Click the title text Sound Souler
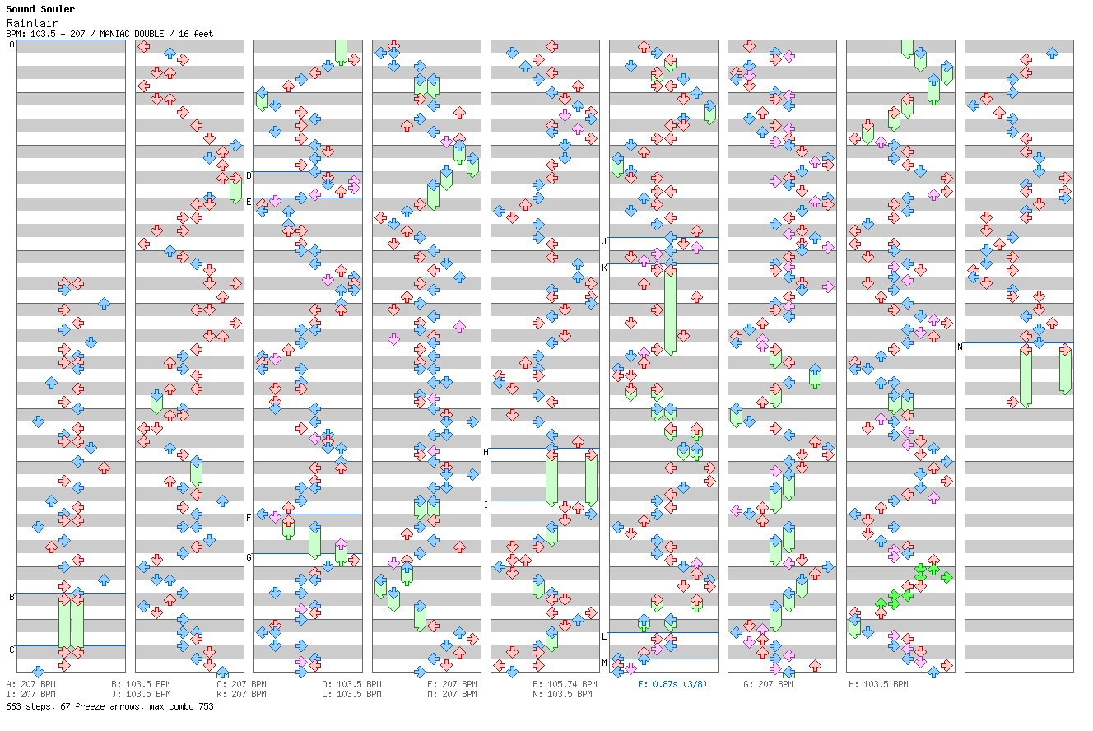40,10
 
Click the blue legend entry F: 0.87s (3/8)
672,684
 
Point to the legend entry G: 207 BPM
768,684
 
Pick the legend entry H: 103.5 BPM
878,684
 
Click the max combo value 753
205,706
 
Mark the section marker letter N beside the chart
960,347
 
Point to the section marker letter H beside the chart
486,452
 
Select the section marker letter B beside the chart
12,597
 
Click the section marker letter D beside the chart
249,175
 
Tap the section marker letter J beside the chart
604,241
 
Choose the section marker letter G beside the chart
249,557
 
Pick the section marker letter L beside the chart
604,636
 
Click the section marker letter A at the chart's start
12,44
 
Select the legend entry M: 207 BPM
454,694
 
